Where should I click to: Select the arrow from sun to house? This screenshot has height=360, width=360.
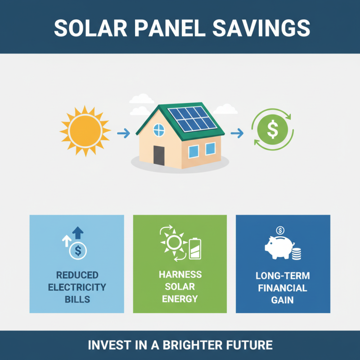(123, 133)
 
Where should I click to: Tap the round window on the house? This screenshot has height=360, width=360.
(159, 130)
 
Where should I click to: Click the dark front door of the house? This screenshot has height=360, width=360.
(159, 155)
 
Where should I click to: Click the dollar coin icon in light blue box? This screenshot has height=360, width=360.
(77, 251)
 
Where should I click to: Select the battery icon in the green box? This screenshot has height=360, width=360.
(195, 249)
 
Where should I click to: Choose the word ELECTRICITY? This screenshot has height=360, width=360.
(77, 287)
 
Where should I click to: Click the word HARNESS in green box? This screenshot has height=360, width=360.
(180, 275)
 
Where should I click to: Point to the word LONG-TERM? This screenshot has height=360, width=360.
(283, 276)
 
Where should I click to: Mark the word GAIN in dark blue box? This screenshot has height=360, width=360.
(283, 299)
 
